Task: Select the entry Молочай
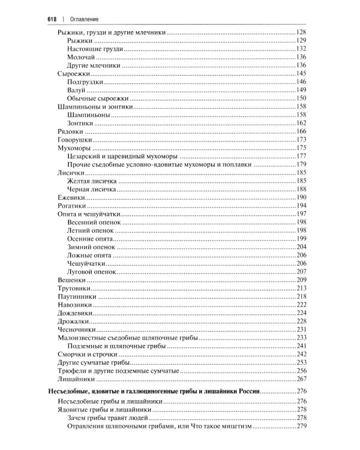coord(80,56)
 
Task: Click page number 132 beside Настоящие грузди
coord(301,48)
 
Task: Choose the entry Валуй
coord(77,90)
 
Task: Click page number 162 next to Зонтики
coord(301,123)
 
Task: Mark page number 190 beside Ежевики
coord(301,197)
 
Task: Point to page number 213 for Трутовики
coord(301,289)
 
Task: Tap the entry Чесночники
coord(75,329)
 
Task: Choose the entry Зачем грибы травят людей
coord(107,418)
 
